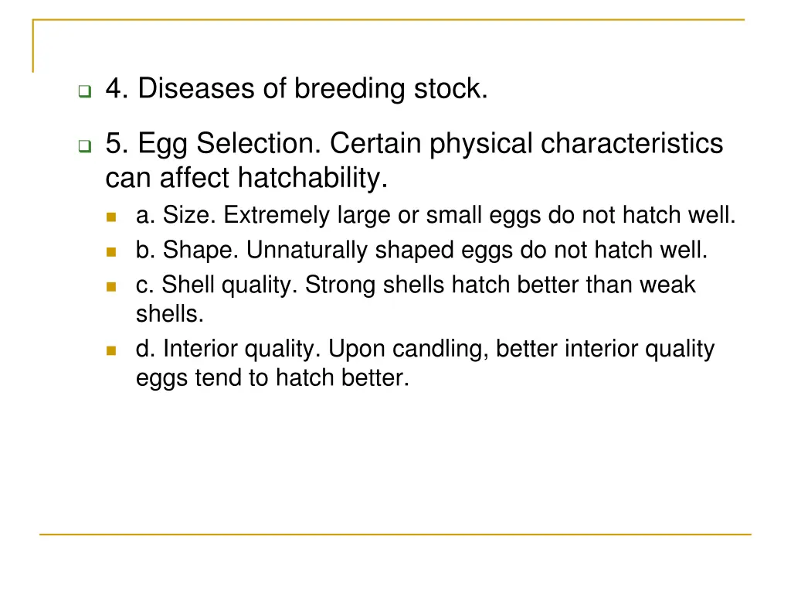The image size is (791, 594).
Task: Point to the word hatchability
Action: point(311,179)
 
